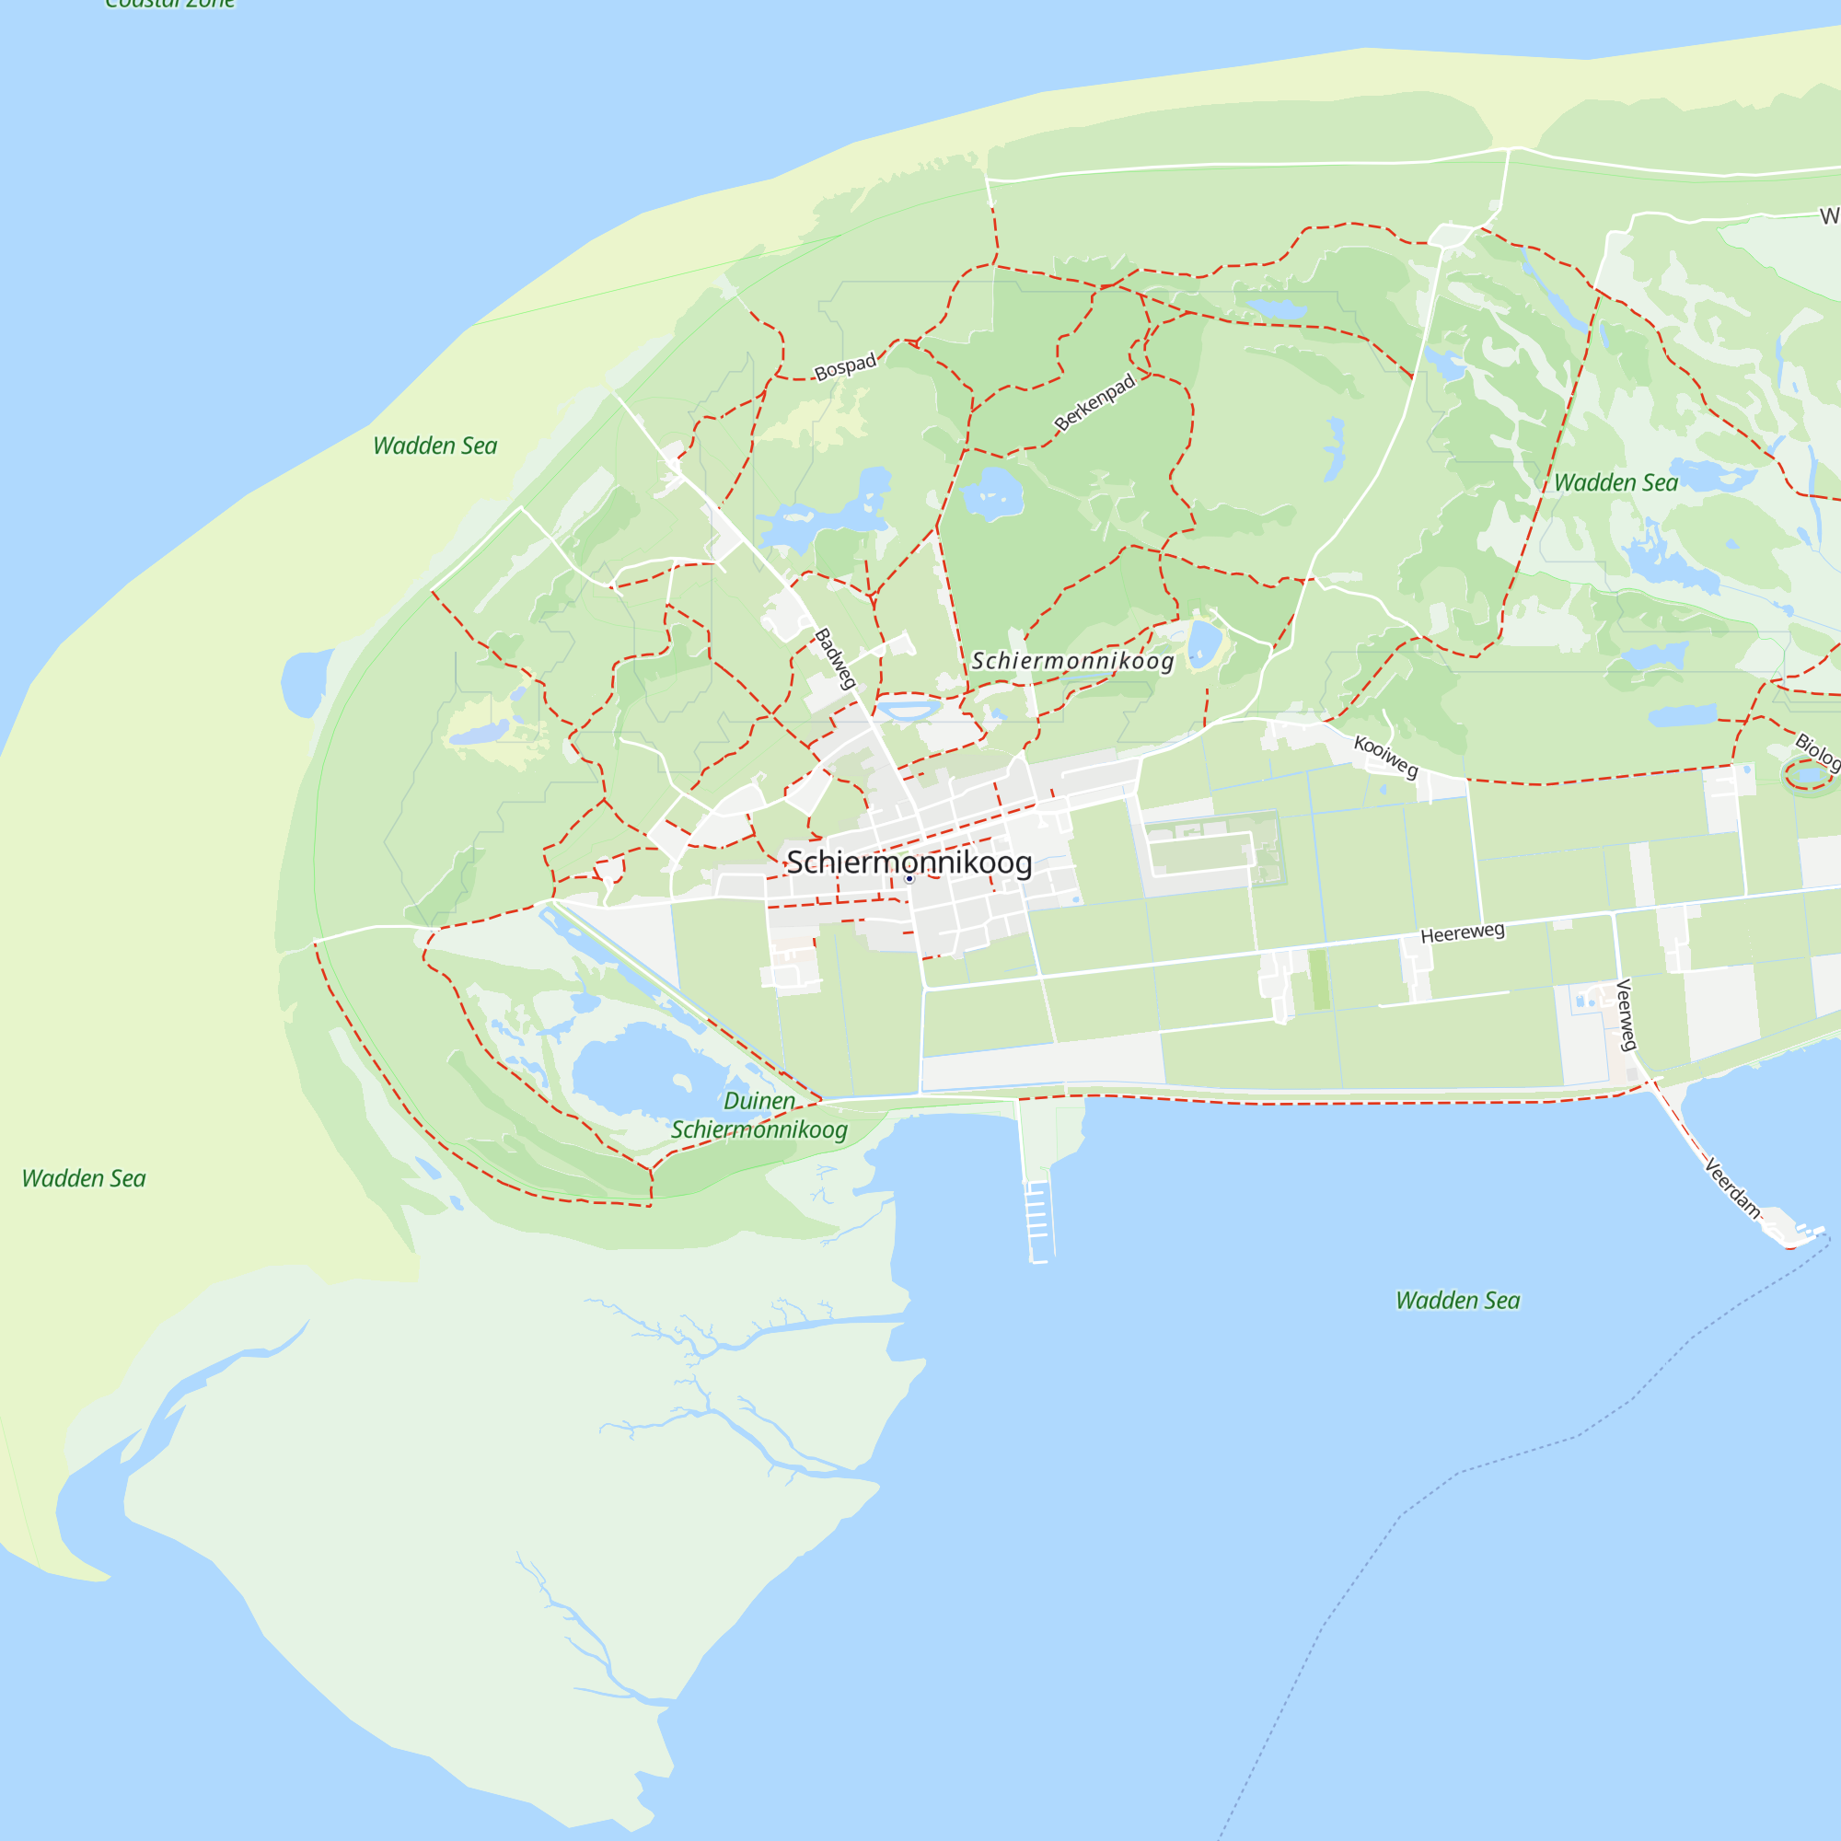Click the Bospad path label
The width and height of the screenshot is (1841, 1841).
(844, 367)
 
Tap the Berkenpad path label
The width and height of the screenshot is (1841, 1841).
(1094, 401)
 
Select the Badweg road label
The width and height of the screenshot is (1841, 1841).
(835, 657)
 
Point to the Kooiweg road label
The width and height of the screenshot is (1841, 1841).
(1385, 756)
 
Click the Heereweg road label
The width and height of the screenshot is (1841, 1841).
(1462, 932)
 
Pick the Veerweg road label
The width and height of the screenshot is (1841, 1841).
(1626, 1013)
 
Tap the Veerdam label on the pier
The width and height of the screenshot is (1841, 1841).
(1731, 1187)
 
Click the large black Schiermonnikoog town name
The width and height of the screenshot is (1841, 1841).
(909, 863)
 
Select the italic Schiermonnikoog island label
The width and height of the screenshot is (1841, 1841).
(1072, 661)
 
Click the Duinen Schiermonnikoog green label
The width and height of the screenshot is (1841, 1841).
(758, 1115)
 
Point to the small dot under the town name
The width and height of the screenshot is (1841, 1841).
(909, 878)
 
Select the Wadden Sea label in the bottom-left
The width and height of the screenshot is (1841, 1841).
(84, 1179)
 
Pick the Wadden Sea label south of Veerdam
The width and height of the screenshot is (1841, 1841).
(1457, 1301)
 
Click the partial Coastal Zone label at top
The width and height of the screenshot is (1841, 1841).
(169, 5)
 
